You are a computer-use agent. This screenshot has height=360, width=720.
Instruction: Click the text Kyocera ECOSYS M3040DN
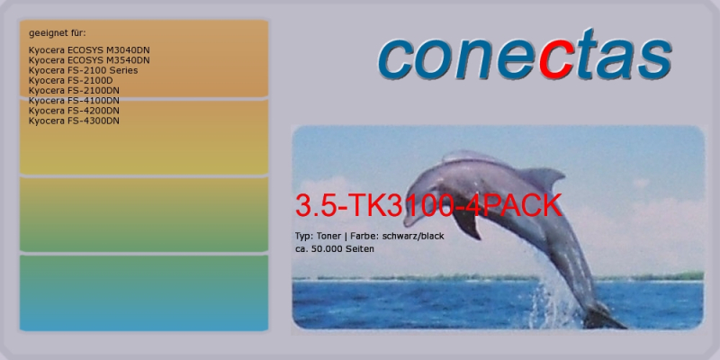coord(89,50)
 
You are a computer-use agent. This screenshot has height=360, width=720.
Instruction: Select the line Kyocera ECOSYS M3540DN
coord(89,60)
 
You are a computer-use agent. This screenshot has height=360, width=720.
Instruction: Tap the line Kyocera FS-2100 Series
coord(83,70)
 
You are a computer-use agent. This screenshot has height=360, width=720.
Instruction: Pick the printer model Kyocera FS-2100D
coord(71,80)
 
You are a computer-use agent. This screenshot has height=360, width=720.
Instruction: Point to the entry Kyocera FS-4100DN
coord(74,101)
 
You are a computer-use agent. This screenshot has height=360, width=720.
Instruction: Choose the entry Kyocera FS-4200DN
coord(74,111)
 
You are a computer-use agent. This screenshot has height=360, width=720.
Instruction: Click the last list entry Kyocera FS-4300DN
coord(74,121)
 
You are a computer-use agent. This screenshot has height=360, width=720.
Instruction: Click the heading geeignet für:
coord(58,33)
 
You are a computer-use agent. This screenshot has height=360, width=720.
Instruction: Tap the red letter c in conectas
coord(557,58)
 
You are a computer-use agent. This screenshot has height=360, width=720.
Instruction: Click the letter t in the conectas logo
coord(588,53)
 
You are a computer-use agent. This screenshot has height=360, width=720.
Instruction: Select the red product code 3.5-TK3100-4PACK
coord(428,205)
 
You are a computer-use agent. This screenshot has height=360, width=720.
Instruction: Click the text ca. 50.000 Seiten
coord(334,249)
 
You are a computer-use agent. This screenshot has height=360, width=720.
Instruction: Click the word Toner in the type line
coord(328,236)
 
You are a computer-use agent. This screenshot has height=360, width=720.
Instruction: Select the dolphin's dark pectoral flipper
coord(466,222)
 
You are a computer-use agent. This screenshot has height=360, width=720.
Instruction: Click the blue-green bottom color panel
coord(144,293)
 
